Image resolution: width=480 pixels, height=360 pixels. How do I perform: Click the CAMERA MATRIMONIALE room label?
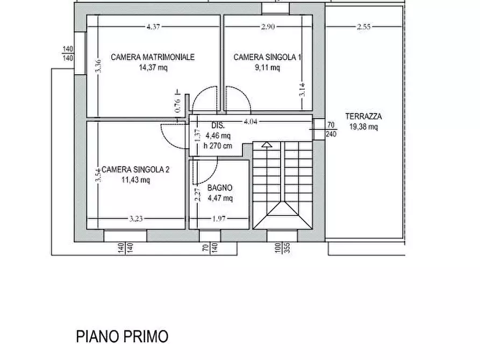(x=153, y=57)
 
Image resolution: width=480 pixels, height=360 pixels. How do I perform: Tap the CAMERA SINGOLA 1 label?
(x=267, y=57)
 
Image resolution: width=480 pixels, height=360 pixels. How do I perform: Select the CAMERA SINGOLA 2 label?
(x=135, y=170)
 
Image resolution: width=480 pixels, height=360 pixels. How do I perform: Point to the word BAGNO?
(x=220, y=188)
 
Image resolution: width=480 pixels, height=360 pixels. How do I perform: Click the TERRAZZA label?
(x=363, y=116)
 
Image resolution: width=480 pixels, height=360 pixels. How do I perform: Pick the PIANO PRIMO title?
(x=121, y=337)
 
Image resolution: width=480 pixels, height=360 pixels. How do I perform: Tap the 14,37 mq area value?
(x=153, y=68)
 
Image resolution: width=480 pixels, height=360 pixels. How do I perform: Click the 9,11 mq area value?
(x=267, y=68)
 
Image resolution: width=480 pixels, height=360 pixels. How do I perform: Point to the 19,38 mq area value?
(x=363, y=127)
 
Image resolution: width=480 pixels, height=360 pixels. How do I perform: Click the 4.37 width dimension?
(x=153, y=26)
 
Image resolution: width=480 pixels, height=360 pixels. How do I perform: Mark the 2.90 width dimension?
(x=268, y=26)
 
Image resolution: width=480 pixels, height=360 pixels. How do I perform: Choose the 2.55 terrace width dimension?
(x=364, y=26)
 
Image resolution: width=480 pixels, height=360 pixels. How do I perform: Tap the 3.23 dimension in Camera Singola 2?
(x=136, y=219)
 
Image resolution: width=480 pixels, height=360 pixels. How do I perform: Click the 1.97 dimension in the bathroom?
(x=219, y=219)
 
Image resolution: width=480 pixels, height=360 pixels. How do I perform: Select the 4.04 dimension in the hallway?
(x=250, y=122)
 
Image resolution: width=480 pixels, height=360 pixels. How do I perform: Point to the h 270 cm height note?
(x=218, y=146)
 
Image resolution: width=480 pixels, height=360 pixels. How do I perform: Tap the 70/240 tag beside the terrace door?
(x=331, y=129)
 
